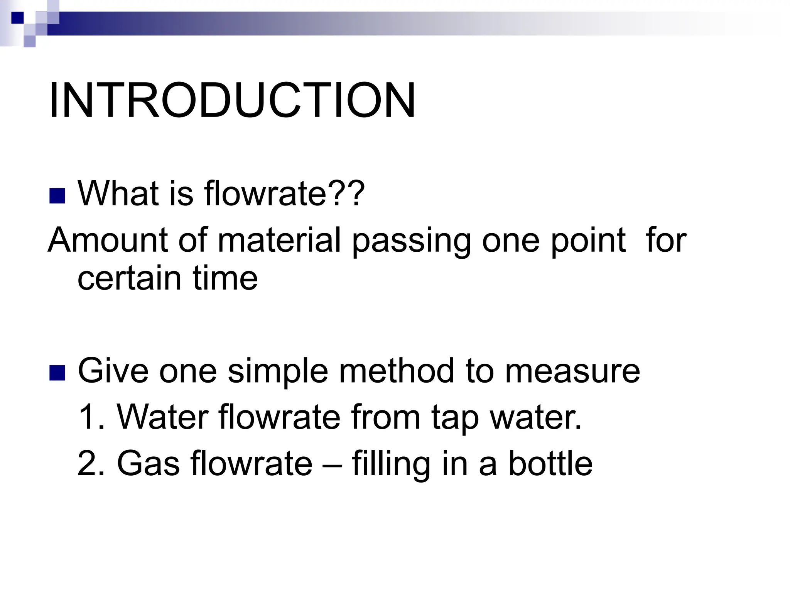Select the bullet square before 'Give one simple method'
tap(57, 373)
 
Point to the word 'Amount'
tap(108, 240)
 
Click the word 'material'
tap(279, 240)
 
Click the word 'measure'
tap(572, 371)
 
